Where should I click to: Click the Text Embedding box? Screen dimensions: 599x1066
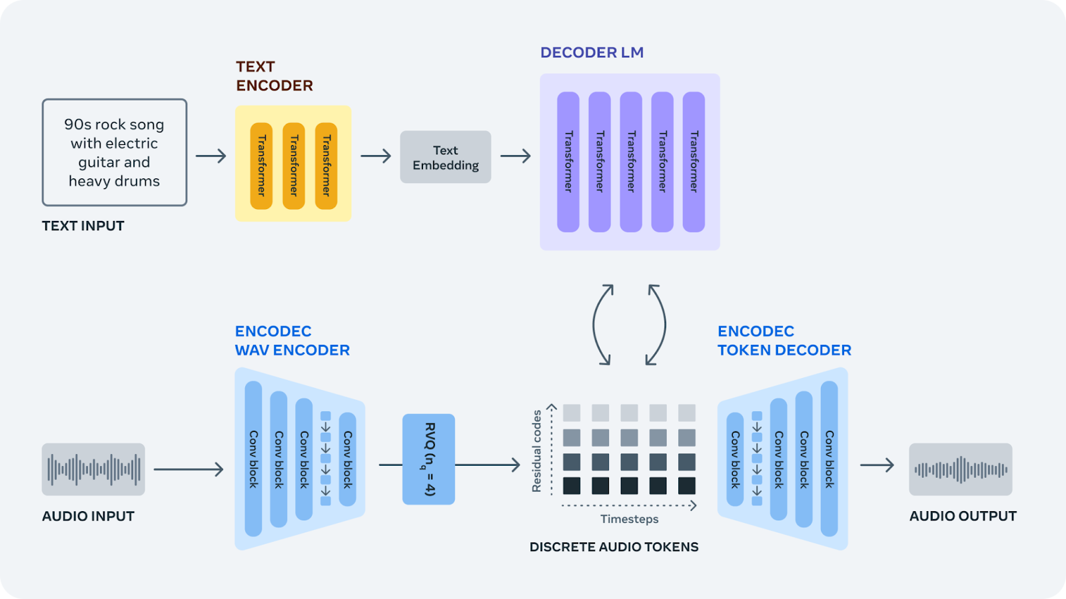[x=445, y=157]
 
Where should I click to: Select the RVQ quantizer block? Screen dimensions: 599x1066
[x=428, y=459]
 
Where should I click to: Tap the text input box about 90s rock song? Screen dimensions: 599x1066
[x=115, y=152]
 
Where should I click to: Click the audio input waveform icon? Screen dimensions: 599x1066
[x=93, y=469]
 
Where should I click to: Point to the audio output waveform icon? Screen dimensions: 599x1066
[x=960, y=469]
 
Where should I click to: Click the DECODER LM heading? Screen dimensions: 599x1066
[x=592, y=53]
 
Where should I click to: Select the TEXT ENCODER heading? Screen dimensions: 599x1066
[x=274, y=76]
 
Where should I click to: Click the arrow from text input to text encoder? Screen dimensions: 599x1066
[x=211, y=156]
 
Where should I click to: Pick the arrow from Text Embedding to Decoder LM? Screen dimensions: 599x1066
[x=516, y=156]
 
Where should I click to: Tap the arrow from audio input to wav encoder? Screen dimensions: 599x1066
[x=189, y=469]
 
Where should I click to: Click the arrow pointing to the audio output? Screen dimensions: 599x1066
[x=877, y=465]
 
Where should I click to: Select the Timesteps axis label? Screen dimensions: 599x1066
[x=629, y=519]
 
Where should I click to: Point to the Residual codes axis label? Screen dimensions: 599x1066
[x=536, y=451]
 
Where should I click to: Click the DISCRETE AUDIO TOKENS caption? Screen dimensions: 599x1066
[x=614, y=547]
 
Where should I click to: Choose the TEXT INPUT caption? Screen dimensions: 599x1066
[x=83, y=226]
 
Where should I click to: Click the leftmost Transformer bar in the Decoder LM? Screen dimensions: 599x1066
[x=568, y=162]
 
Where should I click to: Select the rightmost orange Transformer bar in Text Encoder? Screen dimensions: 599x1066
[x=326, y=166]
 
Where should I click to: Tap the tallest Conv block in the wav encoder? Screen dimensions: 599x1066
[x=253, y=459]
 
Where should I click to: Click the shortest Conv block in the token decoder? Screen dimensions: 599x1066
[x=735, y=459]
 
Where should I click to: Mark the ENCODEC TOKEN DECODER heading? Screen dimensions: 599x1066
[x=784, y=341]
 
